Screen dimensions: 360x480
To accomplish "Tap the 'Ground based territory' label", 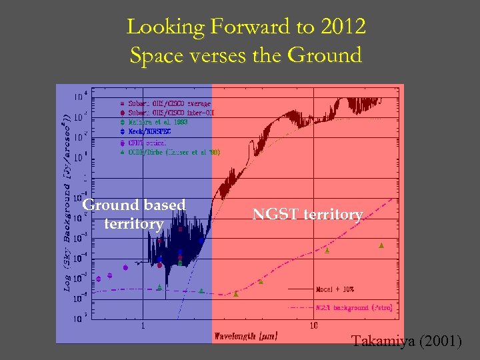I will (133, 214).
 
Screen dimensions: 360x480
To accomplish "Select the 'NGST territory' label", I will (307, 214).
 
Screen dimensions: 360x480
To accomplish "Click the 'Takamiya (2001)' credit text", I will (406, 341).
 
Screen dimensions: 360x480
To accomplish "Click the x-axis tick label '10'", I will (313, 326).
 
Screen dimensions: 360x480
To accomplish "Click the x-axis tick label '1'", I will (143, 326).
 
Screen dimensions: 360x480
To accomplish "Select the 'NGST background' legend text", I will (353, 308).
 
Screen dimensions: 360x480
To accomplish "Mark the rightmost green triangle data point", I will (381, 245).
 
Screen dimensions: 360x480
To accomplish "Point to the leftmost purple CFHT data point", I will (99, 279).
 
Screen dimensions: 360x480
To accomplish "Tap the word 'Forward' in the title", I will (223, 27).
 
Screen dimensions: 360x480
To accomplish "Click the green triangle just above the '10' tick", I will (327, 250).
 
